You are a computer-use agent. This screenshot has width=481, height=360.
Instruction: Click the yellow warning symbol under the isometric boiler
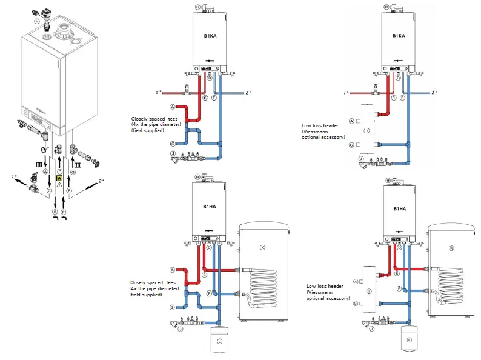tap(59, 178)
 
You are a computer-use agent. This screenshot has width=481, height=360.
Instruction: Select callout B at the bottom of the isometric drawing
tap(55, 212)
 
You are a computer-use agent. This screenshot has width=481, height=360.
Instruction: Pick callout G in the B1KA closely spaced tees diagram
tap(173, 143)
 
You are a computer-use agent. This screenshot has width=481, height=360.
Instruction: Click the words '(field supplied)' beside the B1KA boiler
tap(147, 130)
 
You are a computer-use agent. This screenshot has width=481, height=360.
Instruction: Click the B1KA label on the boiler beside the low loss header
tap(398, 36)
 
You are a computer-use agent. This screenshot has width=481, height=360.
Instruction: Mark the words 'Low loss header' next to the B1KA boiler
tap(320, 126)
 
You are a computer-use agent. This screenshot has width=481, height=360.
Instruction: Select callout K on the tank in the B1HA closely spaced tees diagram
tap(262, 248)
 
